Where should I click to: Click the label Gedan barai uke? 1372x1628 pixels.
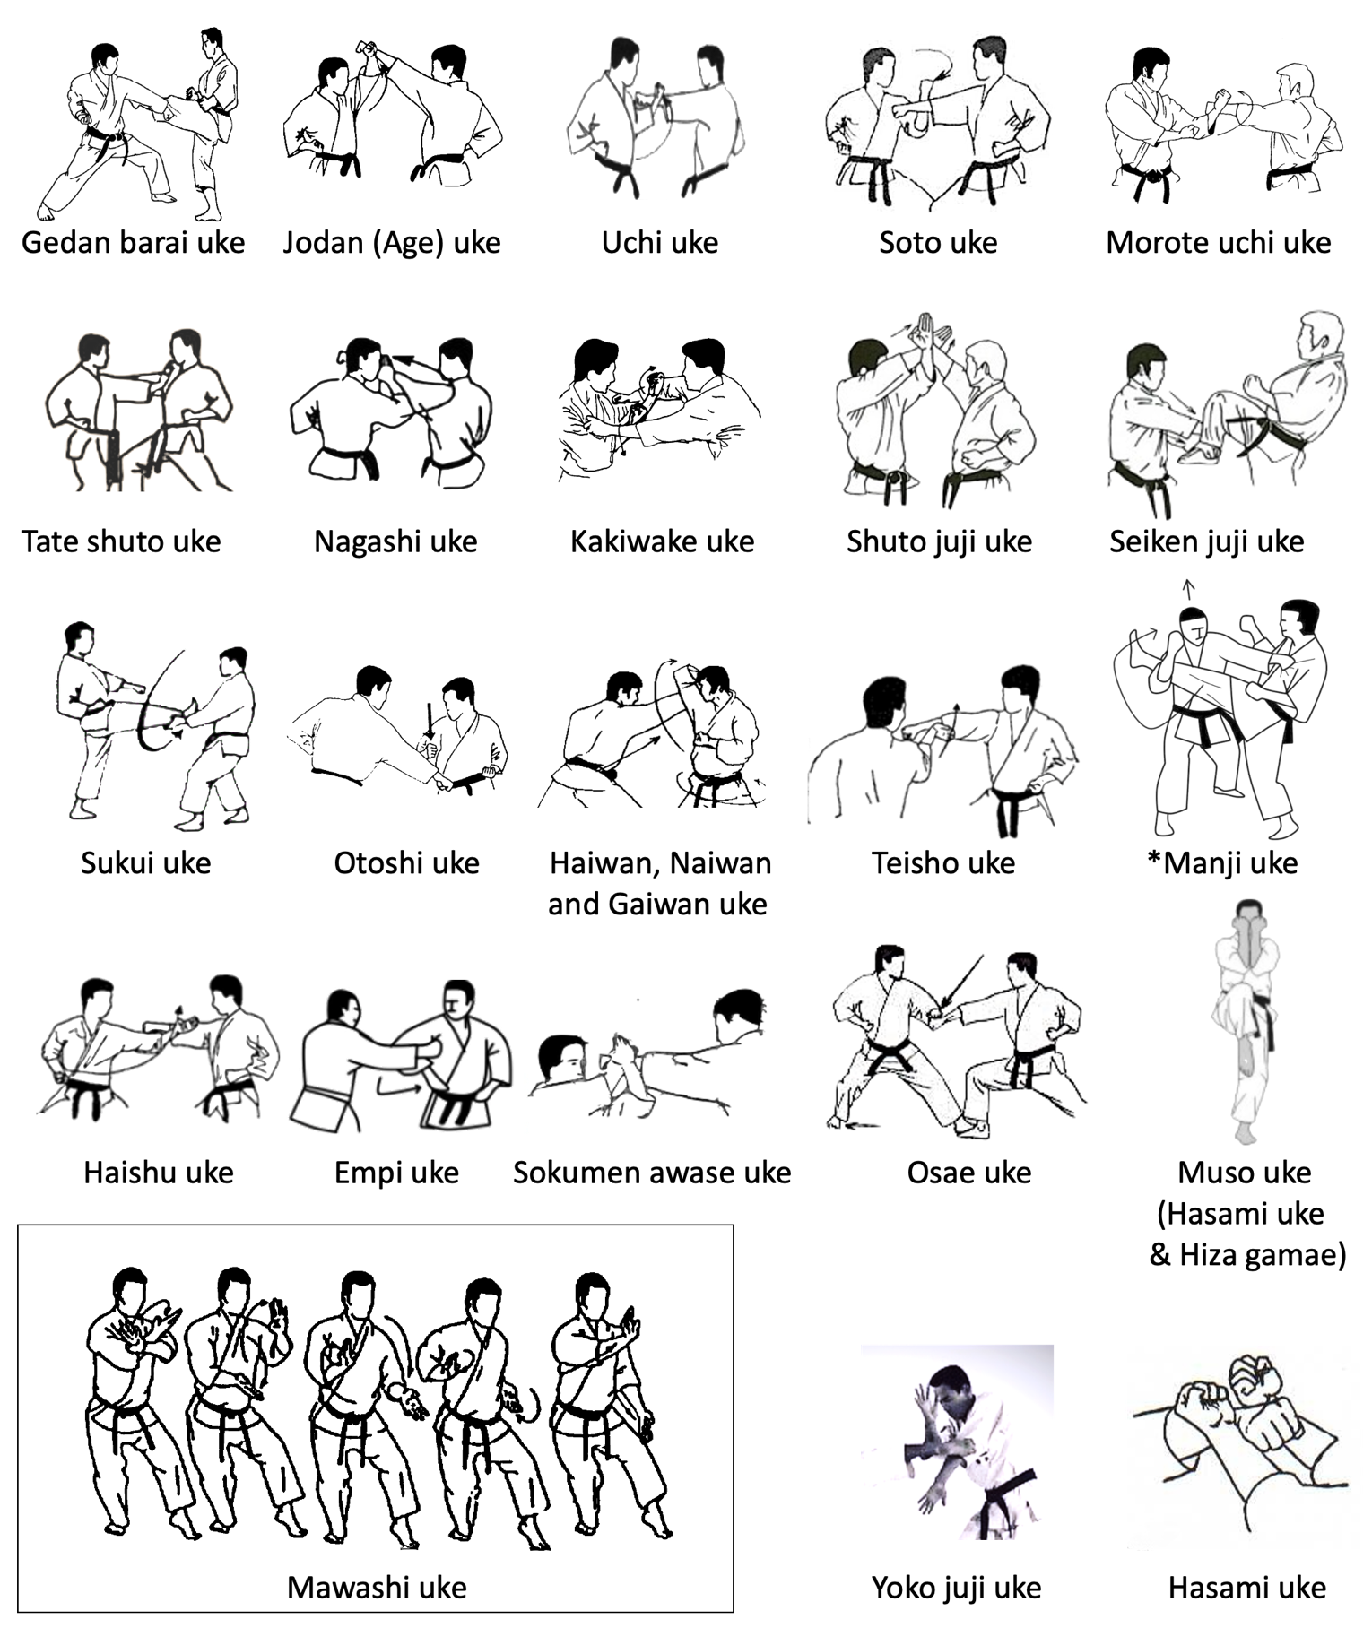pos(133,242)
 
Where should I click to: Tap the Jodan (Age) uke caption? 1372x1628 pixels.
pos(392,242)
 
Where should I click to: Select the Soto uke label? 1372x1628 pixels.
pos(938,242)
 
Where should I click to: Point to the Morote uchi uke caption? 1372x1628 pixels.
pos(1218,242)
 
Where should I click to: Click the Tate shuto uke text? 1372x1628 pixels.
pos(121,541)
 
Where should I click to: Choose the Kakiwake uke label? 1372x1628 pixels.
pos(663,541)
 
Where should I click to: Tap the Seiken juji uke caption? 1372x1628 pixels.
pos(1207,541)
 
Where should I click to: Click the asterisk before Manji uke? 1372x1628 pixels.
pos(1155,859)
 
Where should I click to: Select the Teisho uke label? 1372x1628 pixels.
pos(943,863)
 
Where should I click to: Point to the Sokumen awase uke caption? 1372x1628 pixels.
pos(652,1173)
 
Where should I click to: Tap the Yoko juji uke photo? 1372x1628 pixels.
pos(957,1442)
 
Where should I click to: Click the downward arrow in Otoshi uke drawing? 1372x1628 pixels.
pos(430,721)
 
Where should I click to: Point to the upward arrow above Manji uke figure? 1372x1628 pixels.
pos(1189,589)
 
